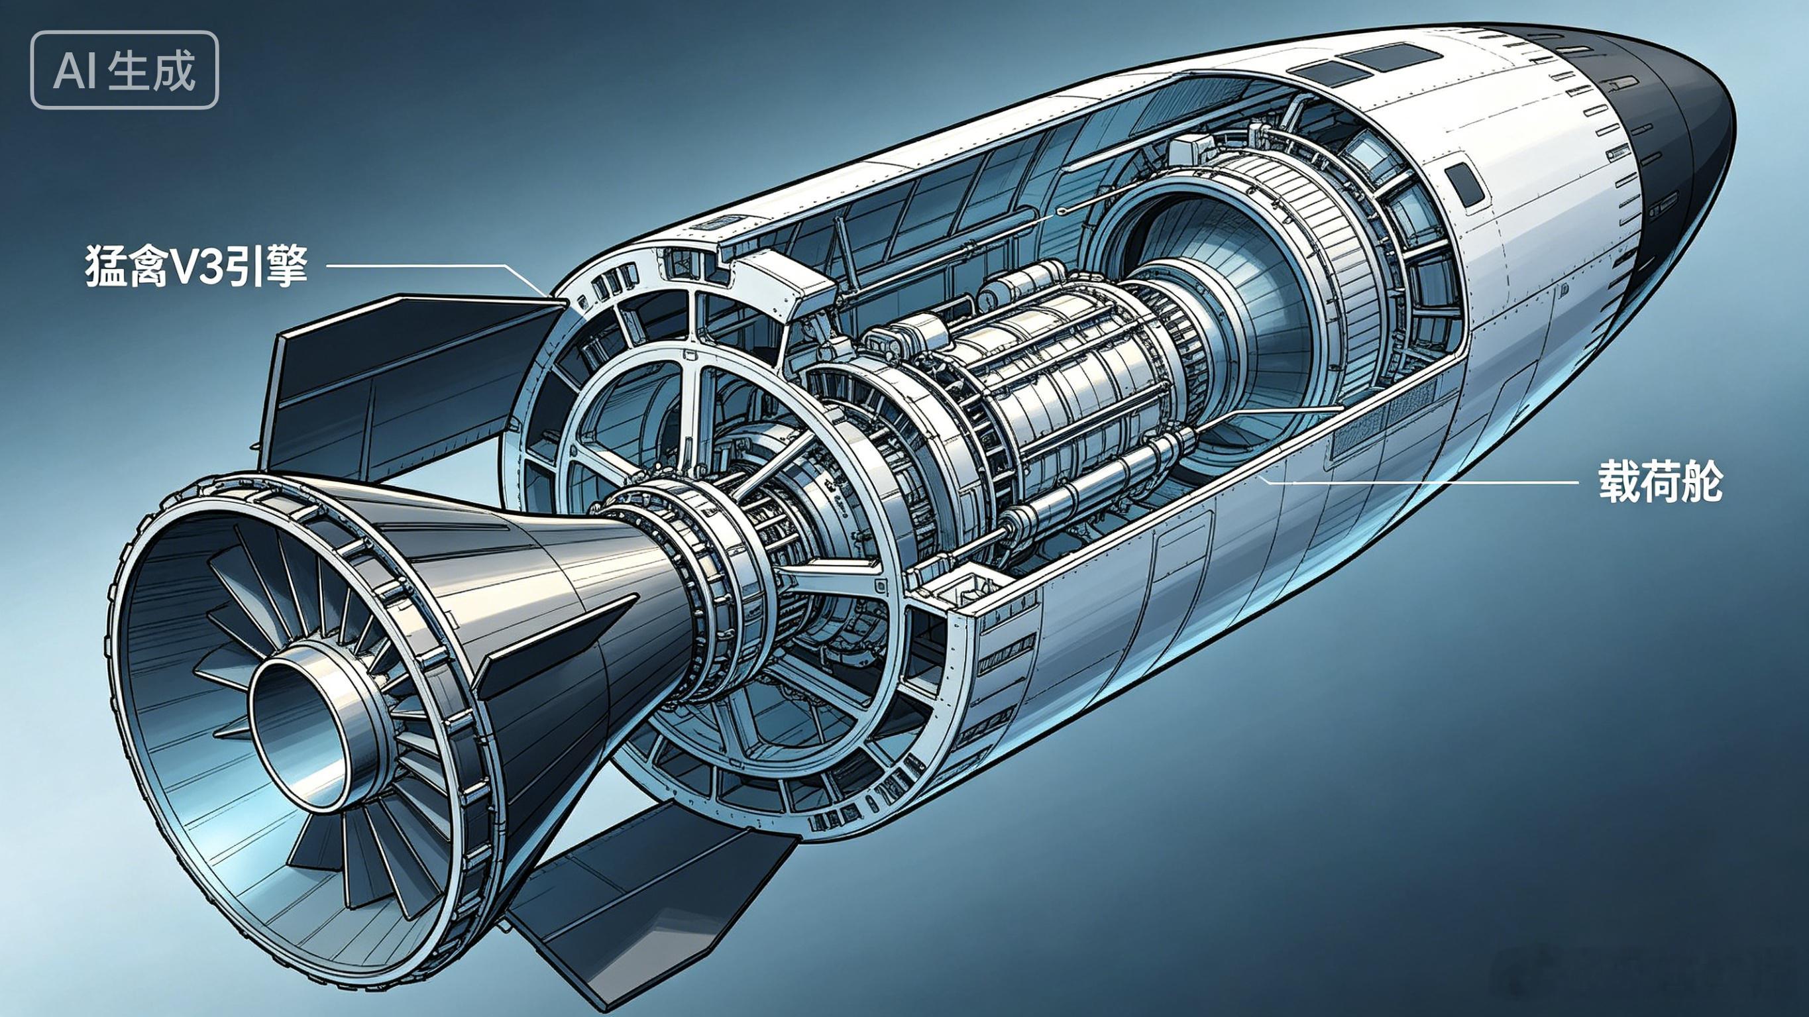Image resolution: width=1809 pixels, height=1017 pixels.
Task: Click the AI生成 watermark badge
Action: [125, 70]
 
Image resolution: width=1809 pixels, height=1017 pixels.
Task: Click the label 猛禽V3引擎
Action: [196, 266]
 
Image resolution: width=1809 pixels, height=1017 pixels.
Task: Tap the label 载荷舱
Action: [1660, 482]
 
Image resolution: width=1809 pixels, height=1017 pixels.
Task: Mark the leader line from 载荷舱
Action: [1419, 481]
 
